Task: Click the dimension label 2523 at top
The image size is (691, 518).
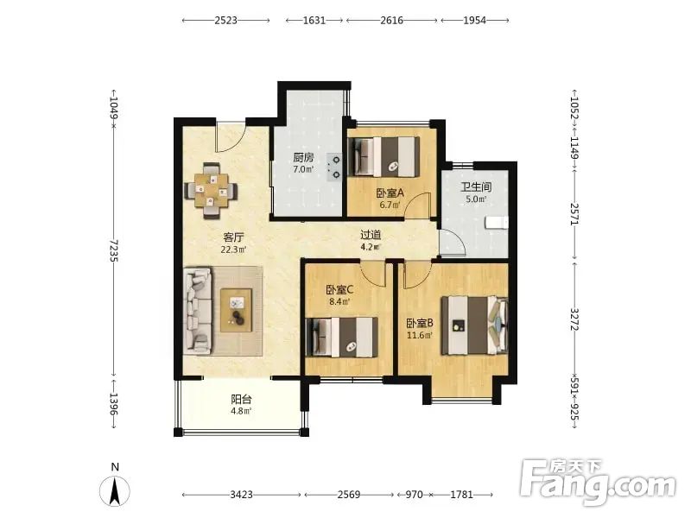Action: tap(226, 20)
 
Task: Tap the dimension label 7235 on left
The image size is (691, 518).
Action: tap(115, 250)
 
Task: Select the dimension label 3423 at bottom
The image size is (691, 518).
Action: tap(242, 495)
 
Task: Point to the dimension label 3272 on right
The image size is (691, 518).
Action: tap(574, 319)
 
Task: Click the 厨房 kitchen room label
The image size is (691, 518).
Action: tap(303, 157)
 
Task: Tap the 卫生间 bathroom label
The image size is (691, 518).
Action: tap(476, 186)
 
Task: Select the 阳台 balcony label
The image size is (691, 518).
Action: tap(241, 399)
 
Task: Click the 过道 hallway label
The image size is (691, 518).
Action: tap(371, 235)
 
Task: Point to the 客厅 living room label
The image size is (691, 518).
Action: tap(233, 237)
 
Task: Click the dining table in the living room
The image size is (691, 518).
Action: tap(211, 191)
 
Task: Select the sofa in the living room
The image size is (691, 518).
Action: tap(198, 311)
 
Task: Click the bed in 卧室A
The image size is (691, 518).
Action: tap(384, 157)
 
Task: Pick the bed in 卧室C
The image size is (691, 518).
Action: tap(342, 338)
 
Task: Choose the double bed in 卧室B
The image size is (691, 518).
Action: tap(474, 325)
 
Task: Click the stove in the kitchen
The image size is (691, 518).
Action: tap(334, 167)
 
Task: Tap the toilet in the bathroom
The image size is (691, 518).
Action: tap(496, 223)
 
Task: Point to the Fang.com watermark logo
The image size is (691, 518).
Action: tap(598, 483)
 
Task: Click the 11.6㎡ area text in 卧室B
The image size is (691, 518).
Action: tap(419, 336)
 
